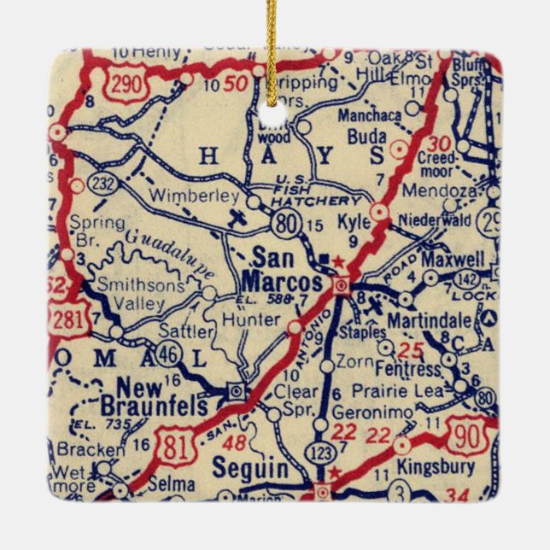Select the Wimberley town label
coord(194,196)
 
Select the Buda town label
coord(367,137)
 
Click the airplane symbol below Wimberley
coord(239,218)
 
